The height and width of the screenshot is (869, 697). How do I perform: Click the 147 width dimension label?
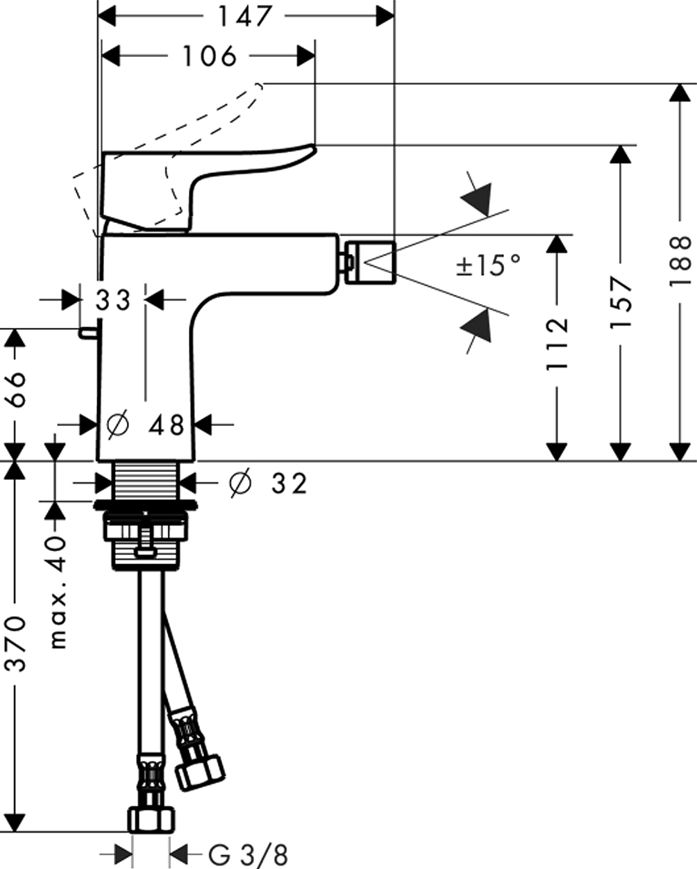coord(245,16)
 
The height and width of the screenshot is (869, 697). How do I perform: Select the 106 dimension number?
coord(210,56)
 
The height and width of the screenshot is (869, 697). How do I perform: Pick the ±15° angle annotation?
coord(489,265)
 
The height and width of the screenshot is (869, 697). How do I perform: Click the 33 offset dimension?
coord(113,300)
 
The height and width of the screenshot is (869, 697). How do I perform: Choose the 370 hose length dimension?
coord(15,643)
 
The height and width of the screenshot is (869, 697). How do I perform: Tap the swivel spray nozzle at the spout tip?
coord(369,263)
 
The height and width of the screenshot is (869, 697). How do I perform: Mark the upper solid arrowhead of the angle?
coord(478,198)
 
